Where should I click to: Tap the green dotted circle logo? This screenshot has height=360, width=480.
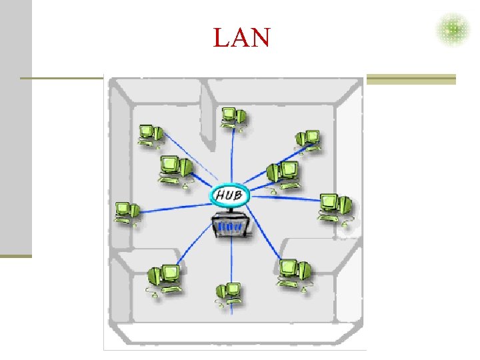point(453,29)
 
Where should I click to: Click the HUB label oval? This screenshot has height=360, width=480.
point(230,195)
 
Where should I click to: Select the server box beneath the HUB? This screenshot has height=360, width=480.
point(233,226)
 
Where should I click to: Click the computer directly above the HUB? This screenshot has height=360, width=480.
point(233,117)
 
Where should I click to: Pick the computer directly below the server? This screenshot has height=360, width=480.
point(229,293)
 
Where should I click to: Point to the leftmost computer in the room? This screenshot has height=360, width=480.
point(125,212)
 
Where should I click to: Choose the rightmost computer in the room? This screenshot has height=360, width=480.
point(335,207)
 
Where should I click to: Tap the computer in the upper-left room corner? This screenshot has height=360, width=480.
point(149,134)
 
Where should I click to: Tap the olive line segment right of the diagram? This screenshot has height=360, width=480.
point(411,79)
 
